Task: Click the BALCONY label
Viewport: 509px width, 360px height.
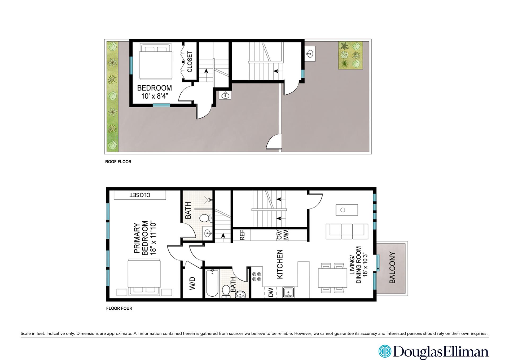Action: [x=392, y=268]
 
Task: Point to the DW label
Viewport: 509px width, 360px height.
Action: [x=271, y=293]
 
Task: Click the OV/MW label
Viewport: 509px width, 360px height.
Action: [x=283, y=235]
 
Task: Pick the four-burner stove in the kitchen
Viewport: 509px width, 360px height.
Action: [x=257, y=276]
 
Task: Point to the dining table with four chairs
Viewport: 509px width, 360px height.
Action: [x=333, y=278]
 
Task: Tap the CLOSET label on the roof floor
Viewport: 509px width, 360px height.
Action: [x=190, y=62]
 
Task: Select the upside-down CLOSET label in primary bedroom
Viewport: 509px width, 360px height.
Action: [x=140, y=195]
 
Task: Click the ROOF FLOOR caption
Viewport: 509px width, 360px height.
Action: [x=118, y=162]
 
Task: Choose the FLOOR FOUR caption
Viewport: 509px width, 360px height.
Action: [x=119, y=308]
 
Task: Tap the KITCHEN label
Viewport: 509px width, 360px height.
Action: [x=280, y=264]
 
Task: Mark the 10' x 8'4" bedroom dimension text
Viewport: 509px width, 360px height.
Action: [x=155, y=96]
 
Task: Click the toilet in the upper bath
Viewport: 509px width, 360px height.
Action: [x=205, y=218]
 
